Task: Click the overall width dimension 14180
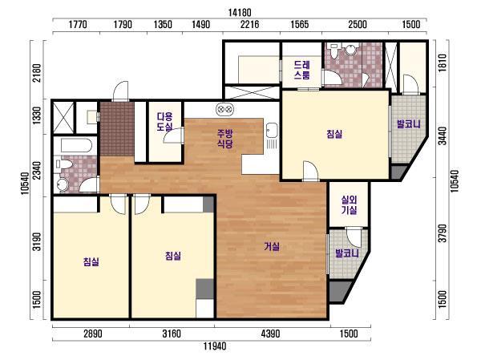(x=240, y=13)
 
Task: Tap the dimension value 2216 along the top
(x=249, y=24)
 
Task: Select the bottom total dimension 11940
(x=215, y=346)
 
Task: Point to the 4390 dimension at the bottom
(x=270, y=334)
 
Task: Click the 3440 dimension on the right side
(x=442, y=136)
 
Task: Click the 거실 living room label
(x=272, y=246)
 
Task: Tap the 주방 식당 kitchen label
(x=225, y=139)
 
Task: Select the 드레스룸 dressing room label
(x=302, y=70)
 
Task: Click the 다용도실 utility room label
(x=164, y=121)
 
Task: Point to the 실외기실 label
(x=349, y=204)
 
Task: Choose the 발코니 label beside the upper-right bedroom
(x=409, y=124)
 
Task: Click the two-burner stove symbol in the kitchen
(x=224, y=109)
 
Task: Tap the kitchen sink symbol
(x=272, y=130)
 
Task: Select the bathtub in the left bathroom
(x=76, y=145)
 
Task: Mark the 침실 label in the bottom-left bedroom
(x=91, y=262)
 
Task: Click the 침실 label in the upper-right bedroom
(x=334, y=134)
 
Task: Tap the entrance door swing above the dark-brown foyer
(x=120, y=91)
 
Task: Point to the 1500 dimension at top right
(x=411, y=24)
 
